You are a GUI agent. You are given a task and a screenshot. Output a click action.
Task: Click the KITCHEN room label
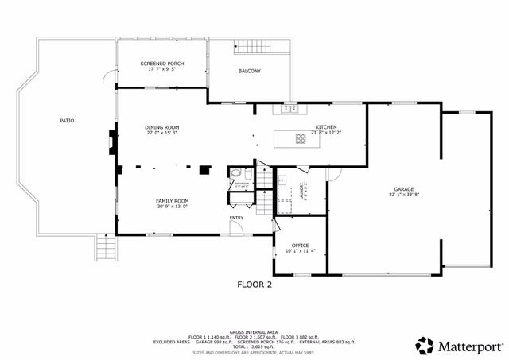[326, 127]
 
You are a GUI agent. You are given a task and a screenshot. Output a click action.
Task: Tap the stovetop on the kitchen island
[301, 138]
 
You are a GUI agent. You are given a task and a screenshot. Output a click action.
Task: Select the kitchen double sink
[288, 109]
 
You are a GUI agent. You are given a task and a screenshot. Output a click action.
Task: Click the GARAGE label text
[404, 188]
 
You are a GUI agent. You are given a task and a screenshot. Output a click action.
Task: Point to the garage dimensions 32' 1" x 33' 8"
[404, 195]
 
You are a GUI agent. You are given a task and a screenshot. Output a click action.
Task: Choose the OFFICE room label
[300, 246]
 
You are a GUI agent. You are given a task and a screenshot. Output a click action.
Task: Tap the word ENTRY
[236, 218]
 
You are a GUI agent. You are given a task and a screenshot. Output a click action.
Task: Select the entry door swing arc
[237, 227]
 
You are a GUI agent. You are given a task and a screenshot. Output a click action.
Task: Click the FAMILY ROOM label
[171, 201]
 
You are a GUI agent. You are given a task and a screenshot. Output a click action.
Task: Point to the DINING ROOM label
[161, 127]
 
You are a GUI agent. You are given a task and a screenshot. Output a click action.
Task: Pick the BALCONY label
[249, 71]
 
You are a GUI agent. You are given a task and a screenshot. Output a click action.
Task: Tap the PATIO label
[67, 121]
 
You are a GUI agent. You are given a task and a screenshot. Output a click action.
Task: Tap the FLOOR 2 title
[254, 284]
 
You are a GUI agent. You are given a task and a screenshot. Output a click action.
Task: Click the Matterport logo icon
[425, 346]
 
